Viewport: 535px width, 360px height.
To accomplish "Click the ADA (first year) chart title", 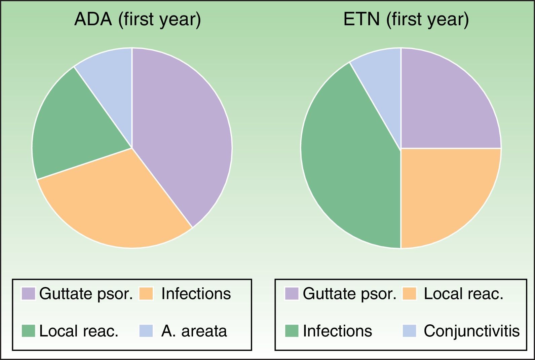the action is click(x=138, y=20).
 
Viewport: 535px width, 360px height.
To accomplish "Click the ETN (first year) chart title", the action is click(x=406, y=20).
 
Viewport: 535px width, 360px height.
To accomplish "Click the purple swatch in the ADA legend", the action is click(x=29, y=293).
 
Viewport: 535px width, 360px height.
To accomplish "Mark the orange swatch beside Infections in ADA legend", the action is click(x=146, y=293).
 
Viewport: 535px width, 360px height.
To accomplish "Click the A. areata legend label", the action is click(x=194, y=331).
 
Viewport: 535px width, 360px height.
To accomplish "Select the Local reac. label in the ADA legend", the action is click(x=79, y=331).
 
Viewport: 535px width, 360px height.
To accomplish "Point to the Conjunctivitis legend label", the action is click(x=472, y=331).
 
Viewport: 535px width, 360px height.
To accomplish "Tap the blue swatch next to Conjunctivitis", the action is click(x=409, y=331).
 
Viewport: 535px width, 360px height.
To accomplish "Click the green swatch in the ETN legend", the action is click(x=292, y=331).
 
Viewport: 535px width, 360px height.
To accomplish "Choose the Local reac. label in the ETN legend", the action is click(x=464, y=293).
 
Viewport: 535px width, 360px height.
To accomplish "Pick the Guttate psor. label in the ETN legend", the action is click(x=349, y=293).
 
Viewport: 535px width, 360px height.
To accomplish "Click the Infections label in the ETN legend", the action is click(x=338, y=331).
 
